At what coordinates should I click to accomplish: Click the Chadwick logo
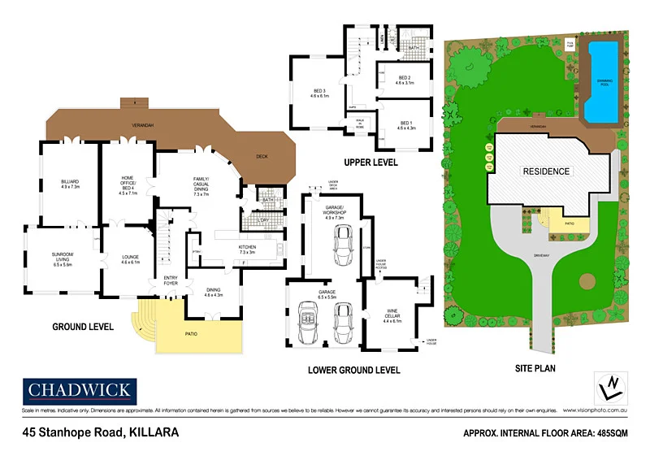(79, 391)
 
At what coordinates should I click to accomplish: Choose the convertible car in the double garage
(309, 323)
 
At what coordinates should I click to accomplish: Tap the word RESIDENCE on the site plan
(545, 171)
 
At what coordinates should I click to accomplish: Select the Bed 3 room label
(318, 93)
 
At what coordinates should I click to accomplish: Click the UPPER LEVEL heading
(370, 163)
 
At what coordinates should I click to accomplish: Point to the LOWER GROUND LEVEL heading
(354, 370)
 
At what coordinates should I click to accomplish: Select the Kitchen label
(248, 250)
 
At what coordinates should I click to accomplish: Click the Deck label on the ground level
(262, 156)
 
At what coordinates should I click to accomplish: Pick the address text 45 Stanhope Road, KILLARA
(101, 433)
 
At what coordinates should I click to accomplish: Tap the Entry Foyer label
(171, 281)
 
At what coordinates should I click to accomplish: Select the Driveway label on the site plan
(542, 255)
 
